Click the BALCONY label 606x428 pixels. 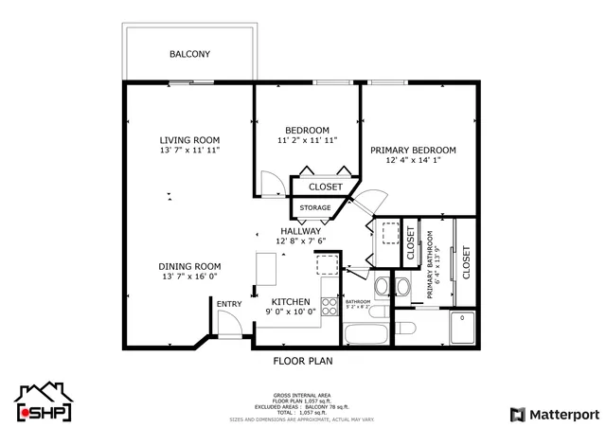(x=189, y=54)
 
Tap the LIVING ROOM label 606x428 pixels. (x=189, y=139)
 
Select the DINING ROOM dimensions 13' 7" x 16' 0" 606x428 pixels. (x=189, y=277)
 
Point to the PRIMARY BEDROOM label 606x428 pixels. (x=413, y=150)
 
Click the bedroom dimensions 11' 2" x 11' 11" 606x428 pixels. (x=307, y=140)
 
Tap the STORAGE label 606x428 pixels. (x=315, y=207)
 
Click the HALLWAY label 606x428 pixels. (x=299, y=230)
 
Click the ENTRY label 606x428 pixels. (x=228, y=304)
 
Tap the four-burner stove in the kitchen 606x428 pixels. (x=330, y=306)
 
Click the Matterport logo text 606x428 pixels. (x=557, y=414)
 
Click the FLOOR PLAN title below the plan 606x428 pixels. (x=302, y=361)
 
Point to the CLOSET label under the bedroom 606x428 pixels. (x=325, y=187)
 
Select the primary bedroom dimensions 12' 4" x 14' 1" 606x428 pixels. (x=413, y=160)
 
